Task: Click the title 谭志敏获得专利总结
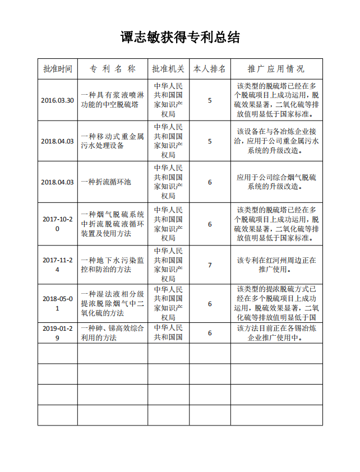(180, 38)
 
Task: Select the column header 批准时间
(58, 69)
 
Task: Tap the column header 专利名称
(113, 69)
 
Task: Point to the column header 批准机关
(168, 69)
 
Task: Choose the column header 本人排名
(210, 69)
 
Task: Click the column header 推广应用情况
(276, 69)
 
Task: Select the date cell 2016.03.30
(58, 100)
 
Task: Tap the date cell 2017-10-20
(58, 224)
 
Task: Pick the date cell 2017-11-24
(58, 265)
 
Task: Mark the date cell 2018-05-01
(58, 303)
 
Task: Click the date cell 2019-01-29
(58, 332)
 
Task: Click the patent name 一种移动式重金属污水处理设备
(113, 141)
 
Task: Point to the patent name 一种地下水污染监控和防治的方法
(113, 265)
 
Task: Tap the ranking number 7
(210, 265)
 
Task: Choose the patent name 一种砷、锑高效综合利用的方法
(113, 332)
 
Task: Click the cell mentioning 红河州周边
(276, 265)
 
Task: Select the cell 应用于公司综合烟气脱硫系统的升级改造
(276, 182)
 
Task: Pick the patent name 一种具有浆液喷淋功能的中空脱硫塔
(113, 100)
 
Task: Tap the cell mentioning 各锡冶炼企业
(276, 332)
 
